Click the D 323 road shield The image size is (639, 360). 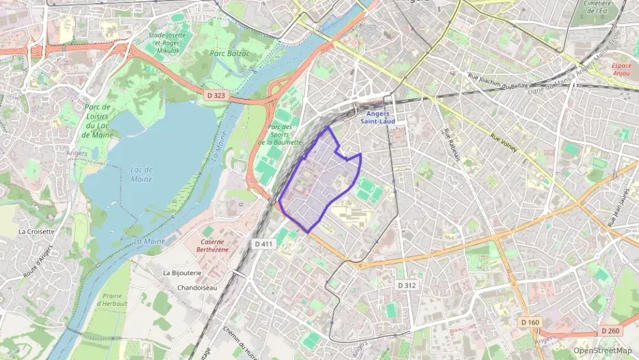216,96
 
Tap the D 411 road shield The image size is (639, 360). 264,244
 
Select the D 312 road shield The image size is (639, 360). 406,285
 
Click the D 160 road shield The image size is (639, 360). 529,322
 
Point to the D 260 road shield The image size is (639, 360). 611,331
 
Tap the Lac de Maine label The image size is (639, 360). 141,174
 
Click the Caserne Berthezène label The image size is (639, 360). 221,246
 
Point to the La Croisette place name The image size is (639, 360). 37,232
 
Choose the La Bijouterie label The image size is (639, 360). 182,273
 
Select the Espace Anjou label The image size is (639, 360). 621,71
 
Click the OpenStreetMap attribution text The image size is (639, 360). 603,350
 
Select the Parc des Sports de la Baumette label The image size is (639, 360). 281,135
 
